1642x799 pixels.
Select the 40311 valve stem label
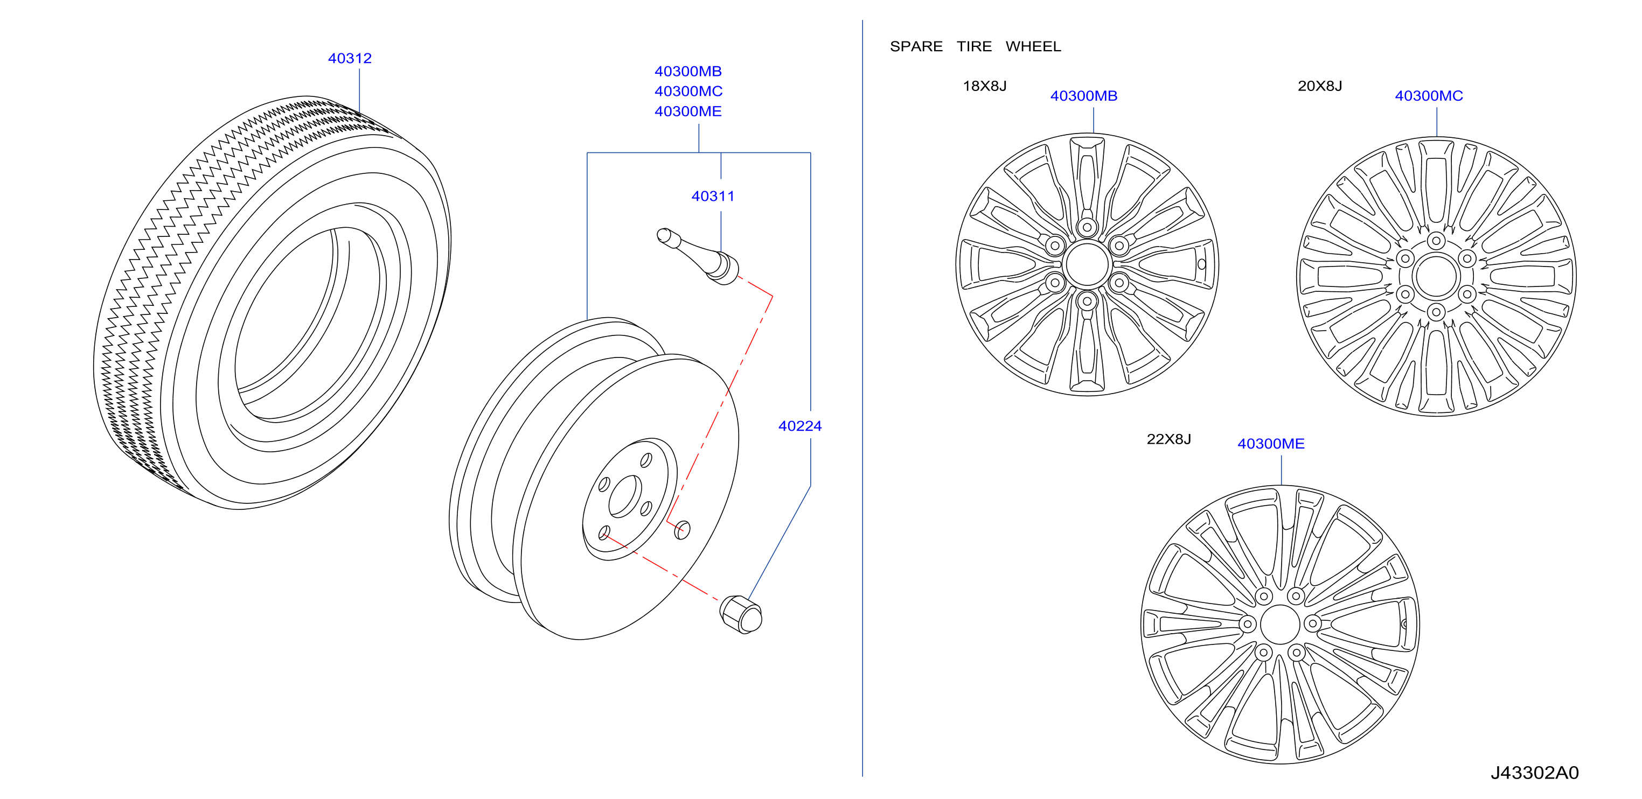[713, 196]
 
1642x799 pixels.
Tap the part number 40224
[799, 426]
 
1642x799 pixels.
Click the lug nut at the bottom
[741, 614]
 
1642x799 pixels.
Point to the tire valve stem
[698, 256]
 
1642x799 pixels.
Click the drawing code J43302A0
[1534, 772]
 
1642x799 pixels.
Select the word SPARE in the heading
[916, 46]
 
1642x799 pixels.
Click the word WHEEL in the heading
[1033, 46]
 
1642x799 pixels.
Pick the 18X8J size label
[984, 86]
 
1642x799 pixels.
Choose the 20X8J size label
[1319, 86]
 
